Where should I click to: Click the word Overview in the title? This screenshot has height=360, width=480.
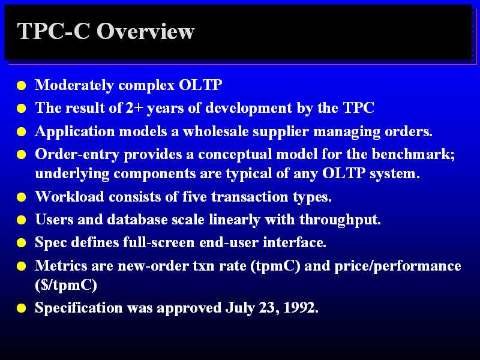click(145, 31)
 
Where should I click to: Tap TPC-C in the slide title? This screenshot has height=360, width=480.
click(53, 31)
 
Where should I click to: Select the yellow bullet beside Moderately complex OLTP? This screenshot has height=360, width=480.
click(22, 85)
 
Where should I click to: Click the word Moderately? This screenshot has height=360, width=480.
click(74, 85)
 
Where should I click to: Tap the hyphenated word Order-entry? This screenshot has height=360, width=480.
click(77, 154)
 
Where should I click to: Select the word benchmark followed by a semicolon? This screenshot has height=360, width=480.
click(413, 154)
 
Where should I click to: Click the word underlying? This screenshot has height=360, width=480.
click(72, 174)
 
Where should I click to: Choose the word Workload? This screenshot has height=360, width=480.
click(70, 196)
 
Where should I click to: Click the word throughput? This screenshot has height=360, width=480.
click(340, 220)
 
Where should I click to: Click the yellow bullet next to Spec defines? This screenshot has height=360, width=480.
click(22, 243)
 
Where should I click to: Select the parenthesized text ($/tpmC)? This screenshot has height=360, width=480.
click(66, 286)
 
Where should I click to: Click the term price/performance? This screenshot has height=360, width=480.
click(398, 266)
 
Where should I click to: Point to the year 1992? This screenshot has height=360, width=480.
click(301, 307)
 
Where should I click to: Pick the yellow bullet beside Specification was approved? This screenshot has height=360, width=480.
click(22, 308)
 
